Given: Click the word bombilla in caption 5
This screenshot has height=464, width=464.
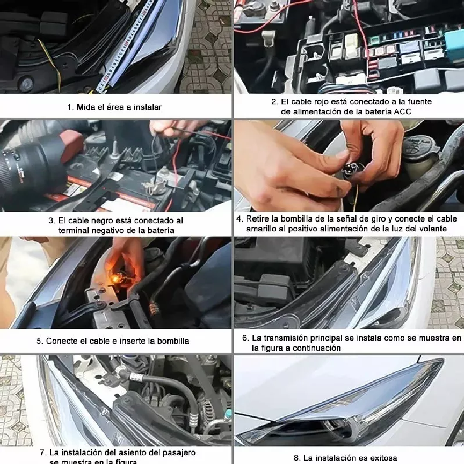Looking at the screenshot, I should (x=173, y=341).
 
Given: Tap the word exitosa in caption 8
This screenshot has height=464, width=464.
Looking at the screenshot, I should (x=381, y=458).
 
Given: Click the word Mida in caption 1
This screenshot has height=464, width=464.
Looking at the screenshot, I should (x=85, y=107).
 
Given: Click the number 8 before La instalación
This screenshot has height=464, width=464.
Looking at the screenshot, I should (x=296, y=458).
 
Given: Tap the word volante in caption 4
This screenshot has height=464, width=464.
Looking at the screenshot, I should (x=432, y=229).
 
